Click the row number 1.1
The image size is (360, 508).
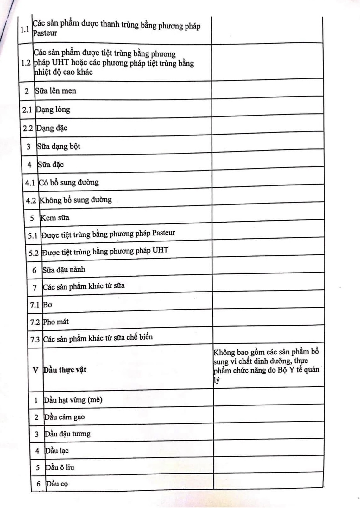point(25,30)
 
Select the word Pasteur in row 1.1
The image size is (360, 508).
point(45,33)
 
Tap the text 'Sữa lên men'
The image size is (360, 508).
point(55,91)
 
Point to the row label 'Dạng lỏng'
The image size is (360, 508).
point(53,110)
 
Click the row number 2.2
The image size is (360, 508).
point(28,128)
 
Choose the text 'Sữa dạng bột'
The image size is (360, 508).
point(59,147)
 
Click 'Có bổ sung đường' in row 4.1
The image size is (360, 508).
point(69,183)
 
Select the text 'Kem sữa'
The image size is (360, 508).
point(55,218)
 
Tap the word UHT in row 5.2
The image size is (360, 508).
point(160,250)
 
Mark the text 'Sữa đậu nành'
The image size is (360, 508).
point(64,270)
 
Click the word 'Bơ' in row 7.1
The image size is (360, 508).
point(47,305)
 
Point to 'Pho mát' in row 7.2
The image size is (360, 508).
point(56,322)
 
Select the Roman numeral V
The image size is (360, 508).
point(35,370)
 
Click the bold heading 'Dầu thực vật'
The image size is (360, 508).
point(65,370)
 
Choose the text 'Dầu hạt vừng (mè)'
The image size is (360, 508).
point(73,400)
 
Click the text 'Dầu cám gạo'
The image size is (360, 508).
point(65,417)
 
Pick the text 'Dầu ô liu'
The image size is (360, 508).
point(60,467)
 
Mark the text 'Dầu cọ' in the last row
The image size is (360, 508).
point(57,484)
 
